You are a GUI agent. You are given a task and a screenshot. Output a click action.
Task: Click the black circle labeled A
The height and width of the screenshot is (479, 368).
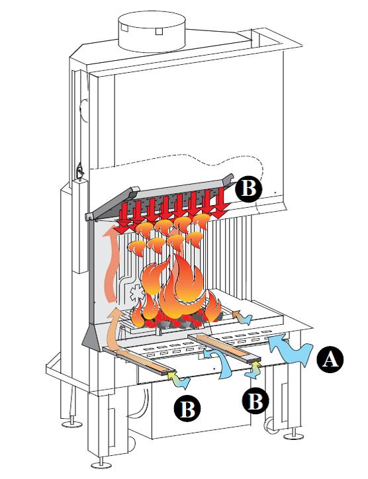[330, 359]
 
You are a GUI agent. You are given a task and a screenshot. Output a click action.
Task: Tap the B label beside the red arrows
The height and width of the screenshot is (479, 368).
[248, 188]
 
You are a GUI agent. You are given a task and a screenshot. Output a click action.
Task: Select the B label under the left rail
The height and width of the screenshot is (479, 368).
[187, 409]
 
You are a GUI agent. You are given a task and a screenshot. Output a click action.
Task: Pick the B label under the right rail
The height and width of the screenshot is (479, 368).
[255, 401]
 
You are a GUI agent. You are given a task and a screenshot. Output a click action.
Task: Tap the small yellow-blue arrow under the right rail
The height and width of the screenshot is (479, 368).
[253, 370]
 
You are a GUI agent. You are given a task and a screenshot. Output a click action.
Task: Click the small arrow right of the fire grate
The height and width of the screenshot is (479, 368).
[242, 318]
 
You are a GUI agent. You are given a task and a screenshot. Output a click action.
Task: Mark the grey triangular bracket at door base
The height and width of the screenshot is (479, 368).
[91, 335]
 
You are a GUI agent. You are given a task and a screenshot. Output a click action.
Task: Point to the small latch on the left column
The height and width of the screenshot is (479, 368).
[80, 171]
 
